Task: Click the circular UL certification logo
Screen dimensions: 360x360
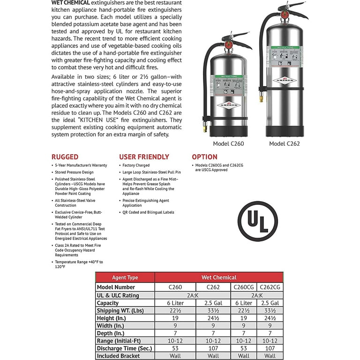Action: [257, 221]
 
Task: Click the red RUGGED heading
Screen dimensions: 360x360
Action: [65, 157]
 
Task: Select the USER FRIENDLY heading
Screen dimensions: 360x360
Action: [144, 157]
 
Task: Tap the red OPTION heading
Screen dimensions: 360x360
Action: [204, 157]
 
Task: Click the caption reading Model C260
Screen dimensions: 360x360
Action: [228, 143]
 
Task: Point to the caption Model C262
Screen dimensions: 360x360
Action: [284, 143]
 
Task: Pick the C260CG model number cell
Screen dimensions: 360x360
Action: [244, 287]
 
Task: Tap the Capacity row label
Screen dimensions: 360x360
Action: [108, 302]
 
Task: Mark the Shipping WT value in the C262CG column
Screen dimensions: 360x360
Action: [269, 310]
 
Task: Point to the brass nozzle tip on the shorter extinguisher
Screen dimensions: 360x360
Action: [205, 127]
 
